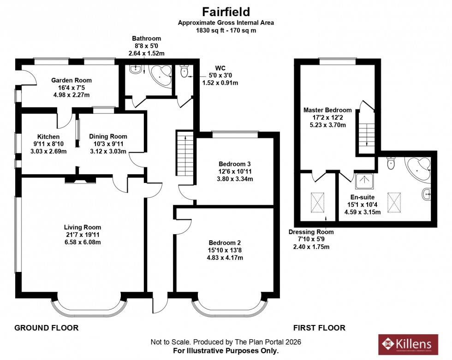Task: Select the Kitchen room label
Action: [48, 137]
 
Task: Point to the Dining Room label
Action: [108, 136]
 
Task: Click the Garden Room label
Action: [71, 79]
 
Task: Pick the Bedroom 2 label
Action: [225, 243]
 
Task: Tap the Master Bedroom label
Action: [327, 110]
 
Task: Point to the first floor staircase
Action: [367, 134]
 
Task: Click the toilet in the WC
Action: [184, 71]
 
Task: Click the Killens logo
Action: [405, 344]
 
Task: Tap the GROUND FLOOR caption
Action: [46, 328]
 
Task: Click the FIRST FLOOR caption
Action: [319, 328]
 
